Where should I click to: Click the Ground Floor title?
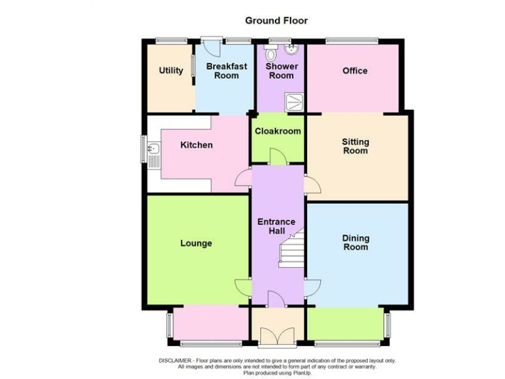pyautogui.click(x=276, y=20)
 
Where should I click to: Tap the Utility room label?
pyautogui.click(x=171, y=71)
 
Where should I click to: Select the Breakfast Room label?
pyautogui.click(x=226, y=70)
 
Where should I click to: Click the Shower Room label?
pyautogui.click(x=281, y=70)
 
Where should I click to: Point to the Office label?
pyautogui.click(x=355, y=71)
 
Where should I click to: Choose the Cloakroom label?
pyautogui.click(x=277, y=131)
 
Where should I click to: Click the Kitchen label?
pyautogui.click(x=197, y=145)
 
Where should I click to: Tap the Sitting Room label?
pyautogui.click(x=355, y=146)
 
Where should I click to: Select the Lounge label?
pyautogui.click(x=196, y=243)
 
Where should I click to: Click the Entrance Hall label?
pyautogui.click(x=276, y=226)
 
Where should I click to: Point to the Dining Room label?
pyautogui.click(x=355, y=242)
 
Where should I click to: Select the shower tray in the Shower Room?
pyautogui.click(x=293, y=101)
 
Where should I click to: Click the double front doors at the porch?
pyautogui.click(x=277, y=338)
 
